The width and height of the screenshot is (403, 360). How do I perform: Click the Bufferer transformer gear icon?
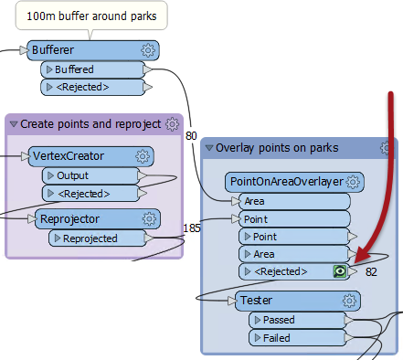tap(148, 50)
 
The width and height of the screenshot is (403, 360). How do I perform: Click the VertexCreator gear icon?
tap(143, 157)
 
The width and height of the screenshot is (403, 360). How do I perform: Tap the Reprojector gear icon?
tap(148, 219)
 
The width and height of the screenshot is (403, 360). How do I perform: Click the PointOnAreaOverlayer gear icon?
tap(353, 183)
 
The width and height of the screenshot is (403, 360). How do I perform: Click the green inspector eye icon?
tap(340, 271)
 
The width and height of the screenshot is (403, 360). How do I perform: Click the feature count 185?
tap(192, 228)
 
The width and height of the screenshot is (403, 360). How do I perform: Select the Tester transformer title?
tap(258, 300)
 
